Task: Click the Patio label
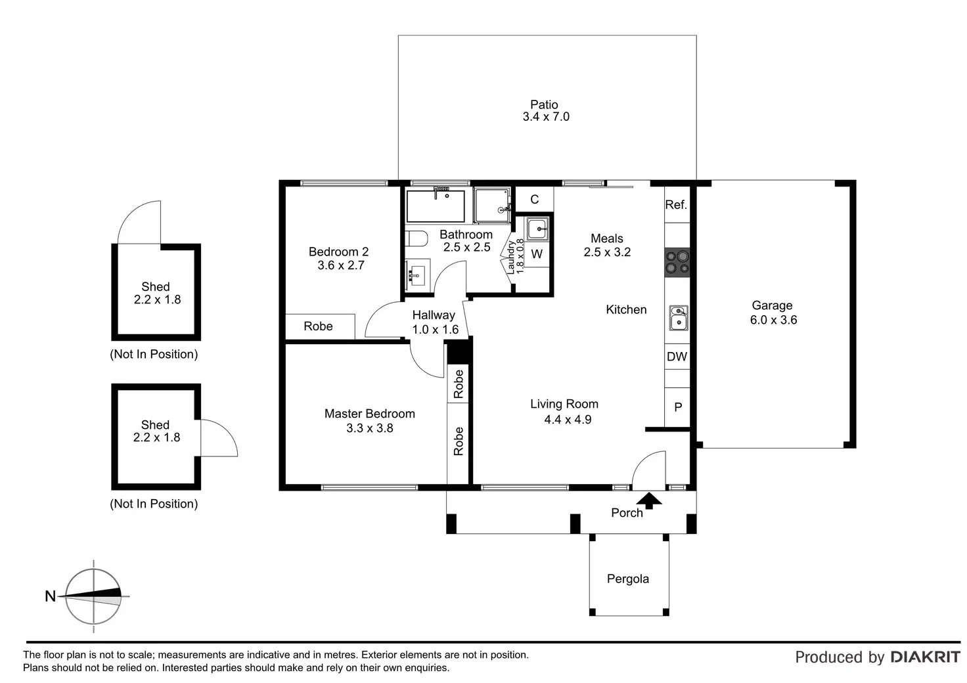point(544,104)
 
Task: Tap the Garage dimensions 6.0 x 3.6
point(773,320)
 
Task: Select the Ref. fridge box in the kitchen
point(676,204)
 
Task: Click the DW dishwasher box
point(677,357)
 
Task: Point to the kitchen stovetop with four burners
point(677,261)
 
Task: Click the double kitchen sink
point(678,317)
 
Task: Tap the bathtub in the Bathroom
point(436,206)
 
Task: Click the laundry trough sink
point(537,229)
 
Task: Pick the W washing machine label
point(537,254)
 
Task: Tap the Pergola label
point(627,579)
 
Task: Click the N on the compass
point(50,596)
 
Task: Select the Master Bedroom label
point(369,414)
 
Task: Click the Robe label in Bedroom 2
point(318,326)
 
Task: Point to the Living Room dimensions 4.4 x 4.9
point(568,420)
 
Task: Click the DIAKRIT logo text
point(925,657)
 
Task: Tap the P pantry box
point(677,407)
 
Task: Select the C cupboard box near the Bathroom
point(534,200)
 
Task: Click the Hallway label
point(434,315)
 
